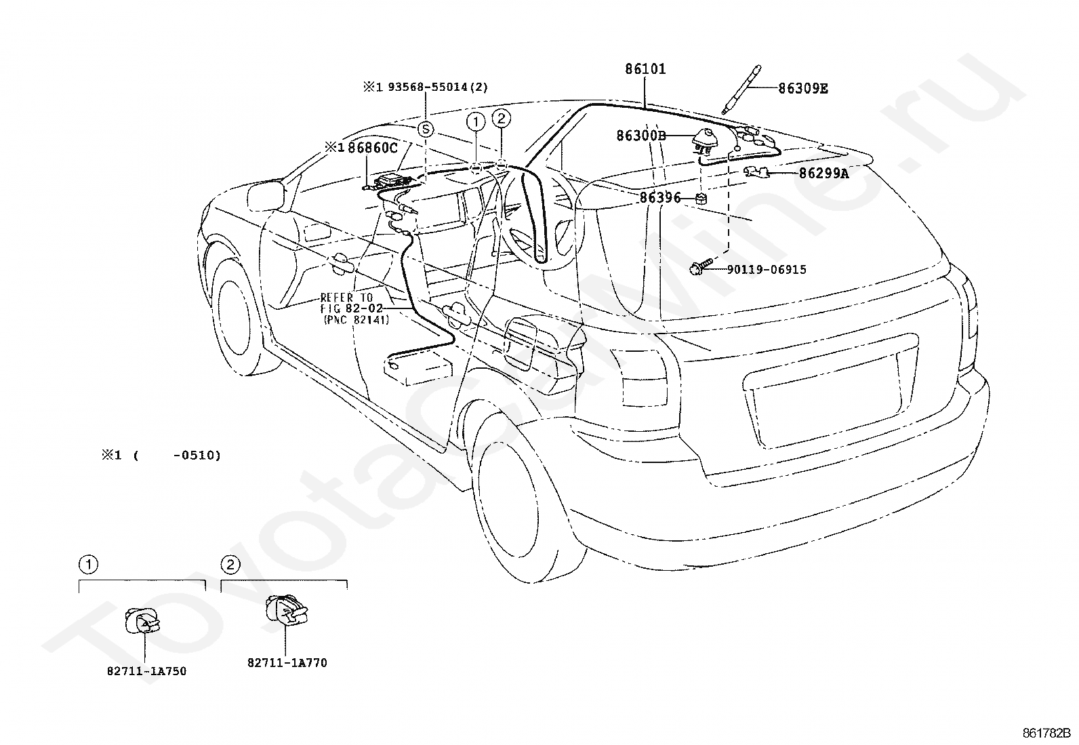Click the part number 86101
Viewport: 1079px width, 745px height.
coord(645,69)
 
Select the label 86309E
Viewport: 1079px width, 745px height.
coord(803,89)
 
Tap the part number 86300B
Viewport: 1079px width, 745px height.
coord(641,136)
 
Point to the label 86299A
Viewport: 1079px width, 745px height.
coord(823,173)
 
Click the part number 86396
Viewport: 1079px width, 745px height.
coord(660,197)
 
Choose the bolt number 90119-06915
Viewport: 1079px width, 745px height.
coord(767,269)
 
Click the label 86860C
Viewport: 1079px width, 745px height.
coord(372,148)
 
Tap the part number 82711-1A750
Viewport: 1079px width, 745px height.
coord(146,671)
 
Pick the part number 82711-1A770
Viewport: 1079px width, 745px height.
coord(287,663)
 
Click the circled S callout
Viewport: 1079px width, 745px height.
coord(426,129)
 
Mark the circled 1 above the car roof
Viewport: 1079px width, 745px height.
coord(476,122)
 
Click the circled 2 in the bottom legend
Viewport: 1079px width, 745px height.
coord(230,564)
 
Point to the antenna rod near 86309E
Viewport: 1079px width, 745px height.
coord(740,89)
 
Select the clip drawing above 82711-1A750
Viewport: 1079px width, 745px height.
coord(142,621)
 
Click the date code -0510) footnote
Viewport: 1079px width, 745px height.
coord(197,456)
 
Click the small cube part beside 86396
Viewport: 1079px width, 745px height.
coord(701,198)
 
